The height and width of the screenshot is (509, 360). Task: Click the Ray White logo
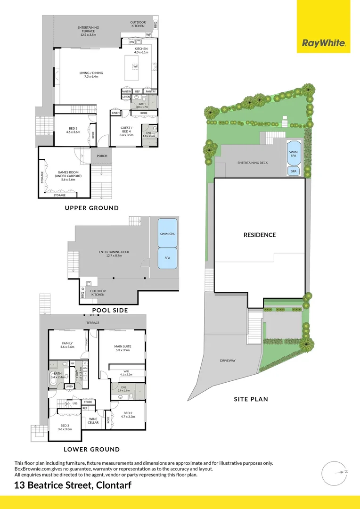(324, 43)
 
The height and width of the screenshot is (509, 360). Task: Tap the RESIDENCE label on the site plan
(260, 235)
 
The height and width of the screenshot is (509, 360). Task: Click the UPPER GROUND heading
(91, 208)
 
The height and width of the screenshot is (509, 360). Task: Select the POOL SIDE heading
(110, 310)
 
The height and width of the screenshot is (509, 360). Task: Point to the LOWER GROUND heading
(92, 449)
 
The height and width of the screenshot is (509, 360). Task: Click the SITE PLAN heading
(251, 399)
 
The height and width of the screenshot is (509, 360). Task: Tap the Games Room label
(66, 176)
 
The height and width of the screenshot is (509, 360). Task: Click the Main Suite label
(123, 348)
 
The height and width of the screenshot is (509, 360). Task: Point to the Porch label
(102, 156)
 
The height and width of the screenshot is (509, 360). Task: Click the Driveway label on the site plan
(228, 361)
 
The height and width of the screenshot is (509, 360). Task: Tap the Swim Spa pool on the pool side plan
(167, 233)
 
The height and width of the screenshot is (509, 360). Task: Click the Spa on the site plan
(294, 172)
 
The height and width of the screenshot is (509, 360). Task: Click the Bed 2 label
(128, 415)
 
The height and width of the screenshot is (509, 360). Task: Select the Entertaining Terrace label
(88, 31)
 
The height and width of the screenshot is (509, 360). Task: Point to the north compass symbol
(335, 472)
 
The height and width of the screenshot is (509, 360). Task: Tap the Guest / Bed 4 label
(127, 131)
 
